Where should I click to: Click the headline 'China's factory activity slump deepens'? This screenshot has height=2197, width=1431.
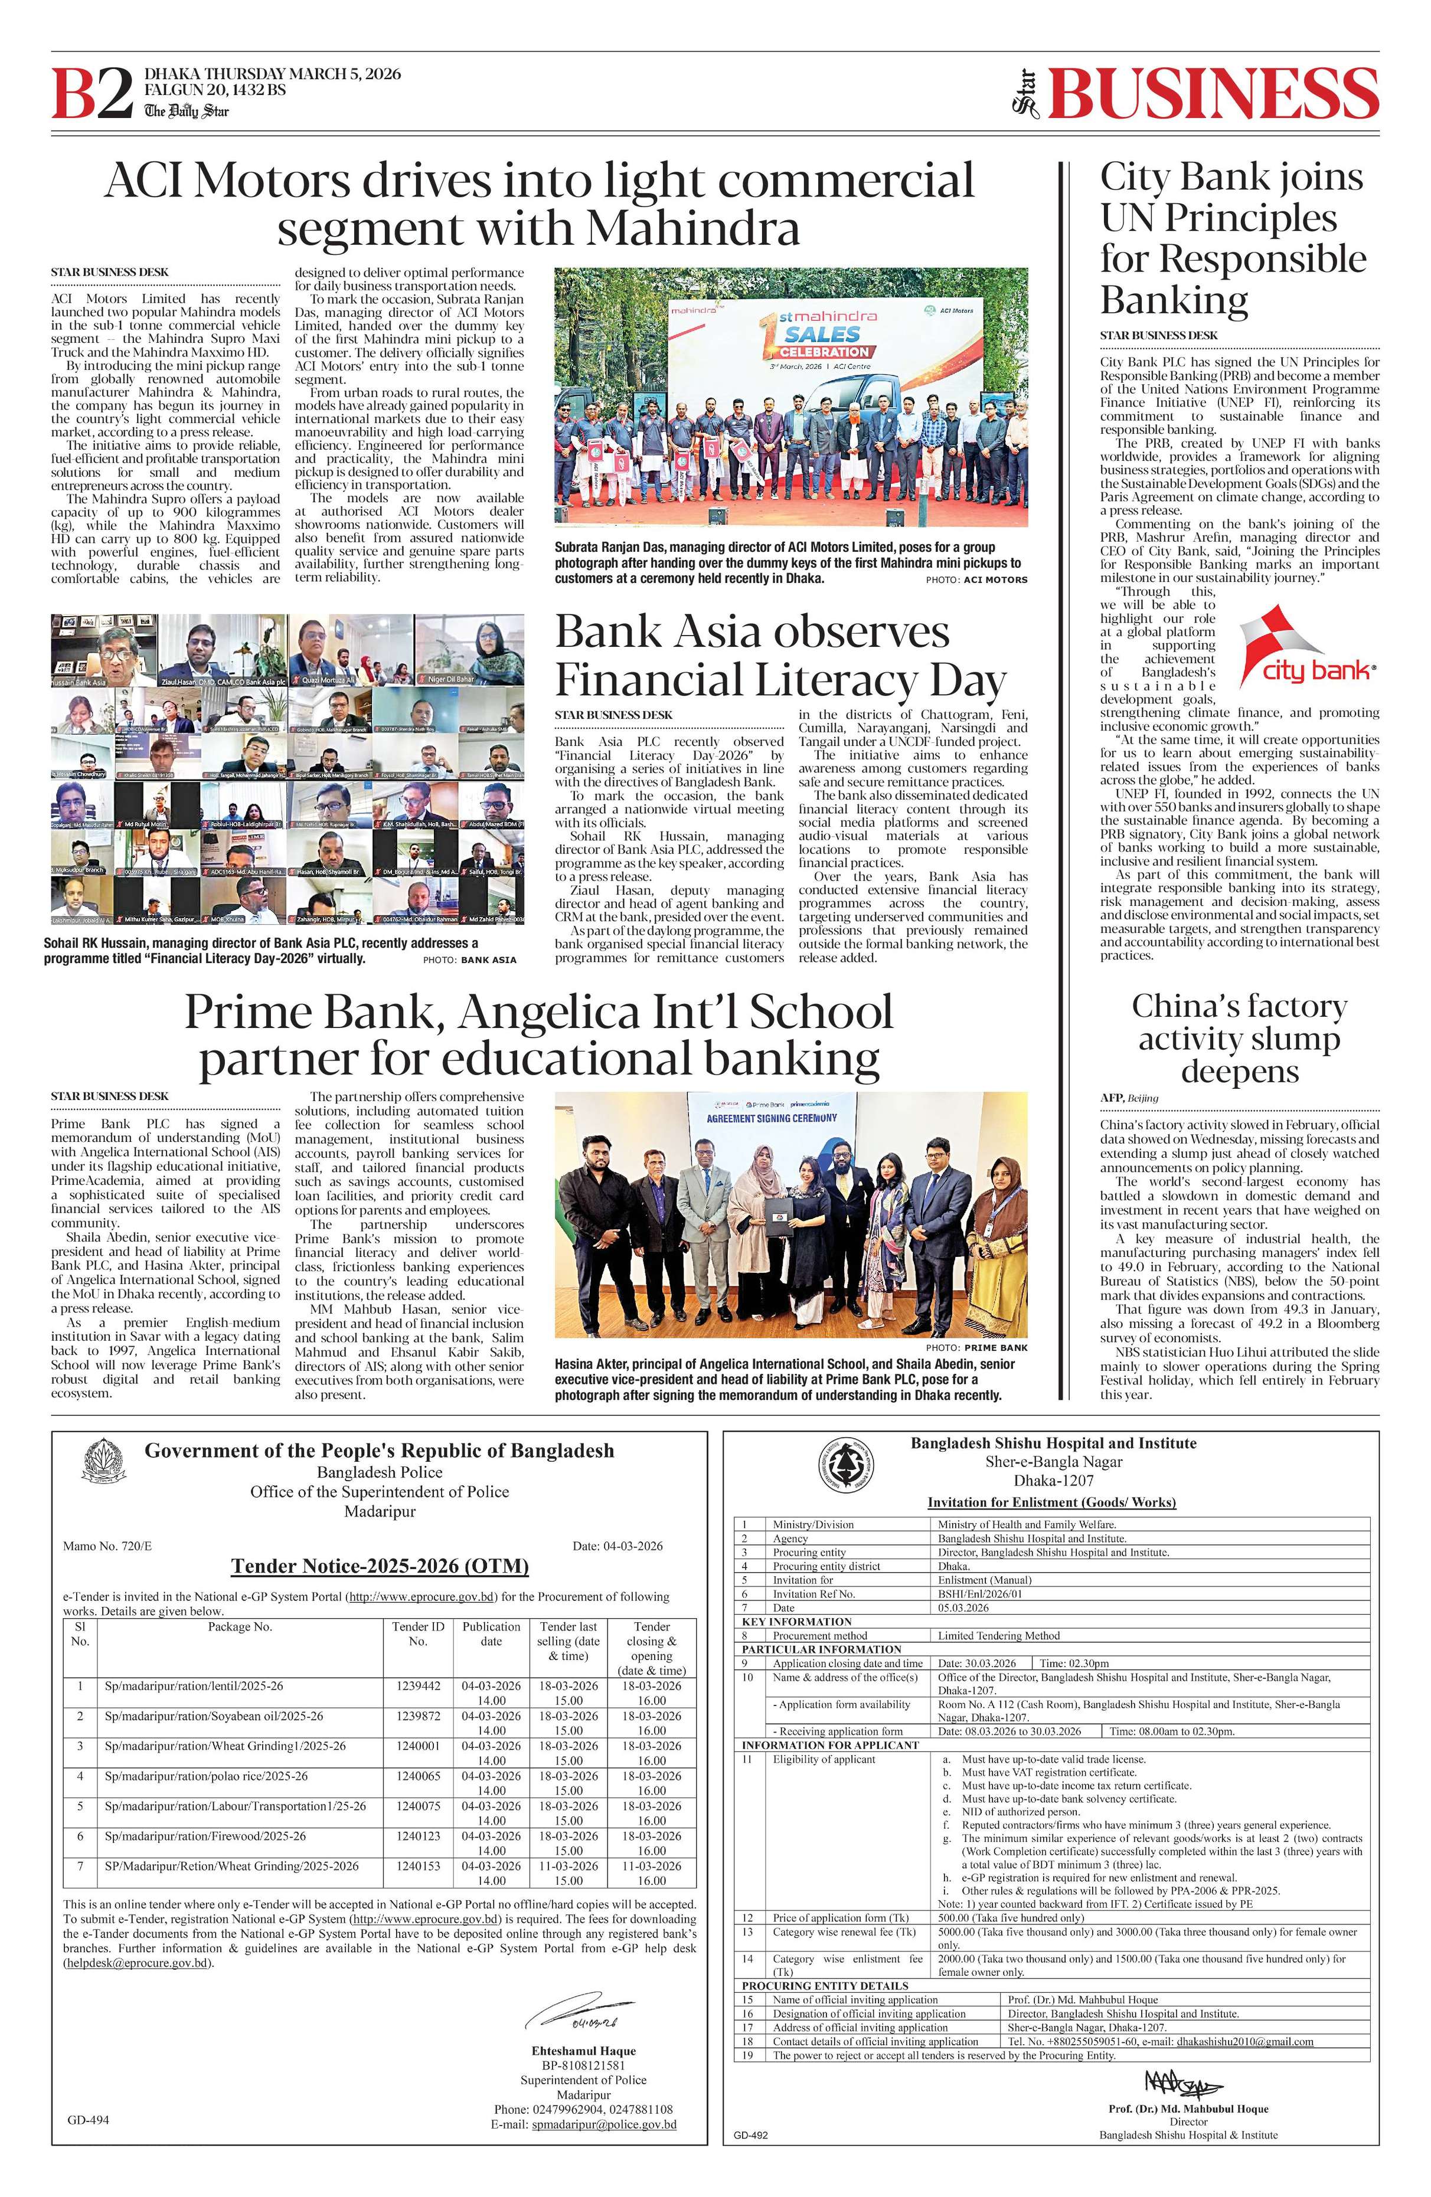[x=1239, y=1039]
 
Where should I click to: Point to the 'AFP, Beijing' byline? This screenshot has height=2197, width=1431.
[x=1128, y=1098]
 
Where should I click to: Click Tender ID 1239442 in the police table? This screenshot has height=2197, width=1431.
[x=418, y=1685]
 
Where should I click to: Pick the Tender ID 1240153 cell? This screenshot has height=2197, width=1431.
[x=418, y=1865]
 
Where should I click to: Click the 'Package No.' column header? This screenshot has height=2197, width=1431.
[x=240, y=1626]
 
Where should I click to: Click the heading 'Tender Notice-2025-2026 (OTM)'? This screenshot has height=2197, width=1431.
[x=380, y=1566]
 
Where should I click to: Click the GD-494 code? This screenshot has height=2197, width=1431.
[x=88, y=2120]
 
